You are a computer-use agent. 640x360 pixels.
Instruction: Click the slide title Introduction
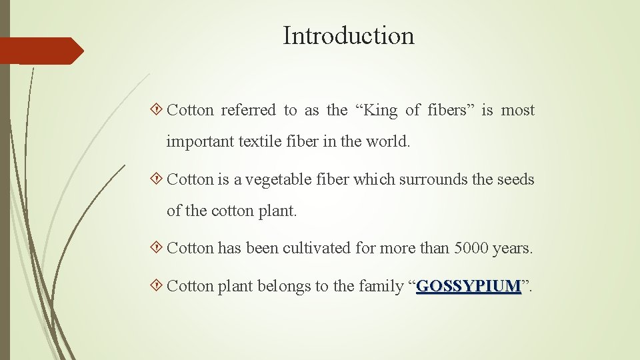point(348,35)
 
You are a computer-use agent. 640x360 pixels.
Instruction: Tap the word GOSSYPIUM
point(468,287)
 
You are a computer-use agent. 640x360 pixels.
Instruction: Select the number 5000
point(471,249)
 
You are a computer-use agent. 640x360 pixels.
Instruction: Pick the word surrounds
point(434,179)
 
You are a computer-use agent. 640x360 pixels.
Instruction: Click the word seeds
point(515,179)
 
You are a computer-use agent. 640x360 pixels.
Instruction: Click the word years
point(513,249)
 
